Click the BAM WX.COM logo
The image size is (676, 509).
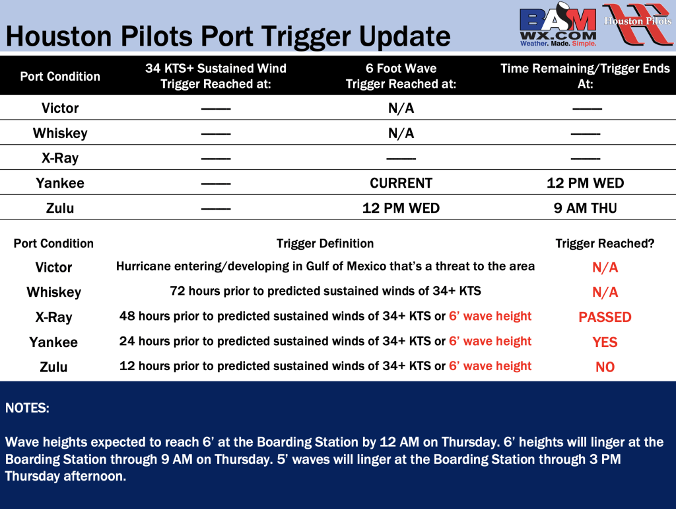pos(558,25)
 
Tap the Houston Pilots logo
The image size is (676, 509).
pos(638,24)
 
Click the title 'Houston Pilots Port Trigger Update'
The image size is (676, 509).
pos(228,36)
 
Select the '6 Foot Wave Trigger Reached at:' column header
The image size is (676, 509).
pos(401,76)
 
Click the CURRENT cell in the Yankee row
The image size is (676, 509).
pos(401,183)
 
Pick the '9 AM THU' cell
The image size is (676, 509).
pos(585,208)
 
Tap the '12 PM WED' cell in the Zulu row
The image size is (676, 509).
pos(401,208)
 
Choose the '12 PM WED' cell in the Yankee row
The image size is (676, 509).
pos(585,183)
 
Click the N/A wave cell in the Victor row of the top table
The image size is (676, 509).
pos(401,108)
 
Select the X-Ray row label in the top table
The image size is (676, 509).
pos(60,158)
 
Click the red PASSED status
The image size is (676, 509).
pos(605,317)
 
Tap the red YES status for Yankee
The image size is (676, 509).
pos(605,342)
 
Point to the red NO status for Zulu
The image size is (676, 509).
pos(605,367)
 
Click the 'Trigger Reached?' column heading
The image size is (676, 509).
pos(605,243)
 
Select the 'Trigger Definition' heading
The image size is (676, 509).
pos(325,243)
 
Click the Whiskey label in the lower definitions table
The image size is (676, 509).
pos(54,292)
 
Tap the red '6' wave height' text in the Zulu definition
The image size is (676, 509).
pos(490,366)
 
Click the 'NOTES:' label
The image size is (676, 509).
pos(27,408)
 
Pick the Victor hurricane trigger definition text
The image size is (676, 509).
pos(325,266)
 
